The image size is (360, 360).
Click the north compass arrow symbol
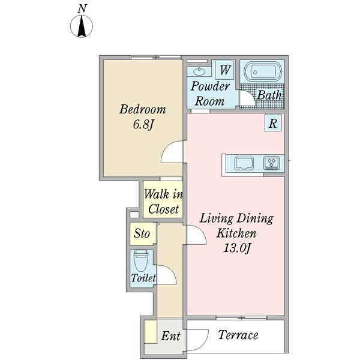[82, 26]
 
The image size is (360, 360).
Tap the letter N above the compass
[82, 9]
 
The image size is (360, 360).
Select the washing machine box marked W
[225, 70]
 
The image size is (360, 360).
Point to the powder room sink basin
[199, 71]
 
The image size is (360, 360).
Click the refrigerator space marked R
[273, 123]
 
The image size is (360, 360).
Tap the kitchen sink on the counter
[244, 163]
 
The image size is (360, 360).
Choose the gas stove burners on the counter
[272, 163]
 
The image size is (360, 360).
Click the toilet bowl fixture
[141, 261]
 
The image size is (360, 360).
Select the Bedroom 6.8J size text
[143, 124]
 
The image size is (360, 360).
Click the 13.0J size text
[237, 248]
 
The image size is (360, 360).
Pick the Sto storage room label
[142, 233]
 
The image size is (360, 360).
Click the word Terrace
[238, 335]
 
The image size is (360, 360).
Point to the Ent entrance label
[170, 336]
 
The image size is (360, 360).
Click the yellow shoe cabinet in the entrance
[151, 332]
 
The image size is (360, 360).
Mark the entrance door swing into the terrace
[205, 342]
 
